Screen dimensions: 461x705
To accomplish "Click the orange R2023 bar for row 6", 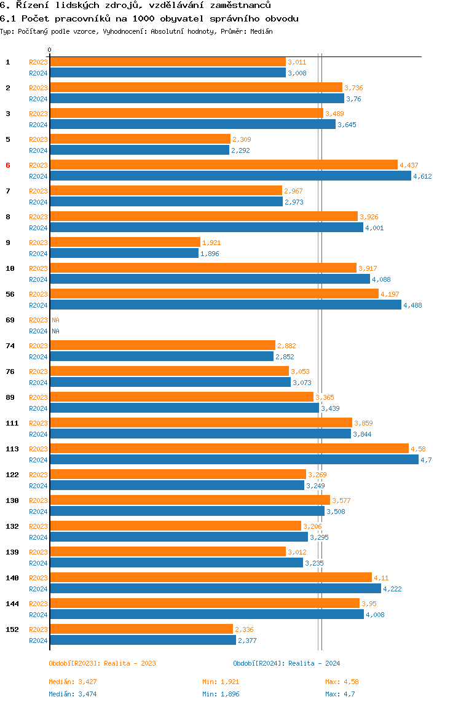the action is point(224,165).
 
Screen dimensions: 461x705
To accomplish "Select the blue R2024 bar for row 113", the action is point(234,459).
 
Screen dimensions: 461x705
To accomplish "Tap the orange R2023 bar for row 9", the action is point(125,243).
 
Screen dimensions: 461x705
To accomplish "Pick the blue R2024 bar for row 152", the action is point(143,641).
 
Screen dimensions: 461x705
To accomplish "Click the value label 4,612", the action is point(422,176).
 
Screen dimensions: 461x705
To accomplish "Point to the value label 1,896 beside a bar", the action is point(210,254).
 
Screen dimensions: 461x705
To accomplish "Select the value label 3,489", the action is point(334,114).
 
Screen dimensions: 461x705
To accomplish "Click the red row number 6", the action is point(7,165).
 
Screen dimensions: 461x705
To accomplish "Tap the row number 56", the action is point(10,294).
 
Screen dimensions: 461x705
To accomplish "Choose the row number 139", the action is point(12,552).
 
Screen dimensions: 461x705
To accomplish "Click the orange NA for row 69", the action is point(55,320).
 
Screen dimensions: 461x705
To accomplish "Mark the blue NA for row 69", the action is point(55,331).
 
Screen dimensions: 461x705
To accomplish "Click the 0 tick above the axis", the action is point(50,50).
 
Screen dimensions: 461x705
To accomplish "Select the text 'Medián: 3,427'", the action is point(73,682).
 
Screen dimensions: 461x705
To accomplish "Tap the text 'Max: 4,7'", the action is point(340,694).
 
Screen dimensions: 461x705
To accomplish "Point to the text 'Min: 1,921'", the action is point(221,682).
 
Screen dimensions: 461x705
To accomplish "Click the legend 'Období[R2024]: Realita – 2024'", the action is point(286,663).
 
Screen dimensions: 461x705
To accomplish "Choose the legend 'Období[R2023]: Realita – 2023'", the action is point(102,663).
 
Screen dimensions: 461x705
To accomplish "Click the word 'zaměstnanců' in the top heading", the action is point(240,6).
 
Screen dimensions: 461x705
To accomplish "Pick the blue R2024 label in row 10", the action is point(38,279).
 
